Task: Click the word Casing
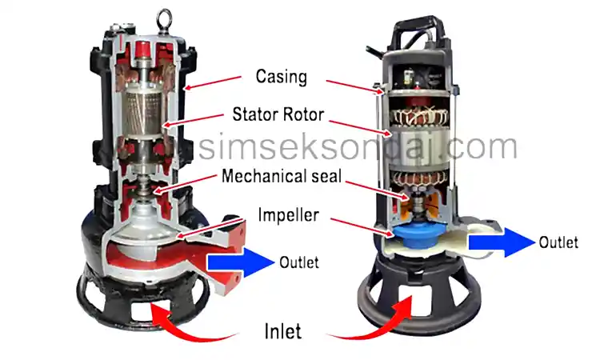[x=282, y=77]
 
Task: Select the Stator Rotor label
[x=278, y=114]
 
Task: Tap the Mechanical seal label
[x=282, y=176]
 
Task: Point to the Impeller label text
[x=288, y=214]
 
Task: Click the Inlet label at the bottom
[x=282, y=331]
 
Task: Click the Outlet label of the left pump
[x=299, y=262]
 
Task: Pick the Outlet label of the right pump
[x=558, y=242]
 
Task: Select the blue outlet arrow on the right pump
[x=502, y=242]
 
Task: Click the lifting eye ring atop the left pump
[x=164, y=18]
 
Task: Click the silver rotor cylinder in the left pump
[x=142, y=114]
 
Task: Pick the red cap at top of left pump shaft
[x=142, y=49]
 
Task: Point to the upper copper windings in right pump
[x=418, y=116]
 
